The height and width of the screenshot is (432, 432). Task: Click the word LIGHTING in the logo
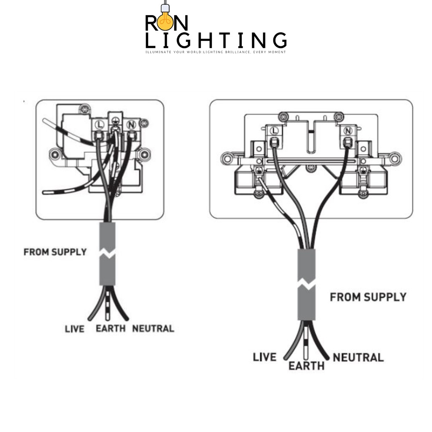[216, 40]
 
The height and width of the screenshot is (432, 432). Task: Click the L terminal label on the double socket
[275, 131]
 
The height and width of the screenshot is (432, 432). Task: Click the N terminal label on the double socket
[348, 131]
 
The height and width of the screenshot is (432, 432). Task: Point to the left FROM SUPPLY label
[55, 252]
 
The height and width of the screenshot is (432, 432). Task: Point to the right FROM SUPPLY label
[368, 297]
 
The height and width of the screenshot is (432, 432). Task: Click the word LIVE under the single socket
[75, 328]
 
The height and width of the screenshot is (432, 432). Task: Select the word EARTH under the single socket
[111, 328]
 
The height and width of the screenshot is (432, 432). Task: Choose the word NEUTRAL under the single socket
[153, 328]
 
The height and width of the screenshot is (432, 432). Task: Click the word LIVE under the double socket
[265, 357]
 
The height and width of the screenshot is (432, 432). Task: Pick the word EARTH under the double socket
[306, 366]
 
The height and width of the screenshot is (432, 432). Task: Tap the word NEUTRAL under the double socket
[358, 358]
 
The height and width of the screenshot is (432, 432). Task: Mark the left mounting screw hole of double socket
[227, 159]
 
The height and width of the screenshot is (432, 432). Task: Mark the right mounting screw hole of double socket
[395, 159]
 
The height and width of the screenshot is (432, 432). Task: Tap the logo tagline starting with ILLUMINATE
[216, 52]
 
